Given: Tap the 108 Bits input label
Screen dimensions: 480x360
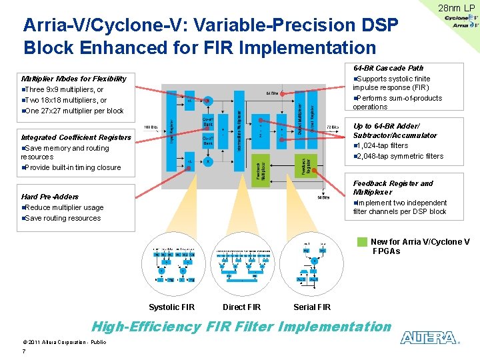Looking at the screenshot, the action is pos(151,127).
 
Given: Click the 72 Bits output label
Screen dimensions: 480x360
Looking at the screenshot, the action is pos(333,127).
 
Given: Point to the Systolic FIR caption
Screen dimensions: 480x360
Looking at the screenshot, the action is pos(172,307).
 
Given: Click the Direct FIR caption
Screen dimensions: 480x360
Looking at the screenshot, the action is pos(241,307).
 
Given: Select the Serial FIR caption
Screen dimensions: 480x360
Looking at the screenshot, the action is pos(312,307).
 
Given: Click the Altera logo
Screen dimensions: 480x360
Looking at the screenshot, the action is pos(429,338).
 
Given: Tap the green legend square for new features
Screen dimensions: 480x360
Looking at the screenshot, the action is pos(362,242).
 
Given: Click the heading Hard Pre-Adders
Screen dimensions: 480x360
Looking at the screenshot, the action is pos(50,197).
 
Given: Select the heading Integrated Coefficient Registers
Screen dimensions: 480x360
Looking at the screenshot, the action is pos(76,137).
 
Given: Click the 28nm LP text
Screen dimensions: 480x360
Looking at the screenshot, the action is pos(456,8).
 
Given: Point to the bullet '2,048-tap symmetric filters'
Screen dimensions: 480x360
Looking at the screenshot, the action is pos(400,156).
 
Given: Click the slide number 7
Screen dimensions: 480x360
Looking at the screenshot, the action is pos(24,351).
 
